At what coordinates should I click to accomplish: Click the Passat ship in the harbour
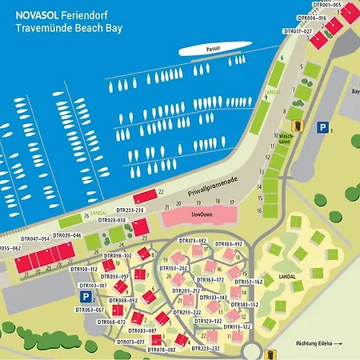point(210,50)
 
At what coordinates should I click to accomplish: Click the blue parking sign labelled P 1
point(322,126)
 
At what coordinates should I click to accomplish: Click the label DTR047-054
point(35,239)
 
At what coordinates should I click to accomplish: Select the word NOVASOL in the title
point(37,13)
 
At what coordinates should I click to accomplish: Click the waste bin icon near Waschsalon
point(295,126)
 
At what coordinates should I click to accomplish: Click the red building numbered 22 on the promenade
point(146,196)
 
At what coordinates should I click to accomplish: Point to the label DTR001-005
point(326,5)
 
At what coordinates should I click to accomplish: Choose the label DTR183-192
point(228,243)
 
